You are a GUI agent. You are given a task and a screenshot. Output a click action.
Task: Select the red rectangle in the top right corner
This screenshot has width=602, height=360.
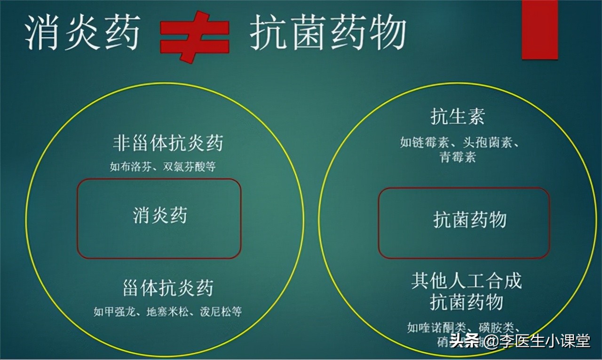[539, 29]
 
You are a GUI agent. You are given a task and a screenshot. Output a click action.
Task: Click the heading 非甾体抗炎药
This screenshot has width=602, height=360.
[167, 143]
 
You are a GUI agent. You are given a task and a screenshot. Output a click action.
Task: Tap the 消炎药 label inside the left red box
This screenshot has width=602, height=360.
[160, 216]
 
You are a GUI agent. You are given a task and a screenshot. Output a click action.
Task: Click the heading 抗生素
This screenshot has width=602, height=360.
[458, 117]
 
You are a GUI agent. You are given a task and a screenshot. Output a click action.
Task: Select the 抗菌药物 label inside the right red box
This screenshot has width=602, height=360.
[469, 220]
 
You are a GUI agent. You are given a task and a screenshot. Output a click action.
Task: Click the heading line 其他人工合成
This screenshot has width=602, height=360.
[466, 281]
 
